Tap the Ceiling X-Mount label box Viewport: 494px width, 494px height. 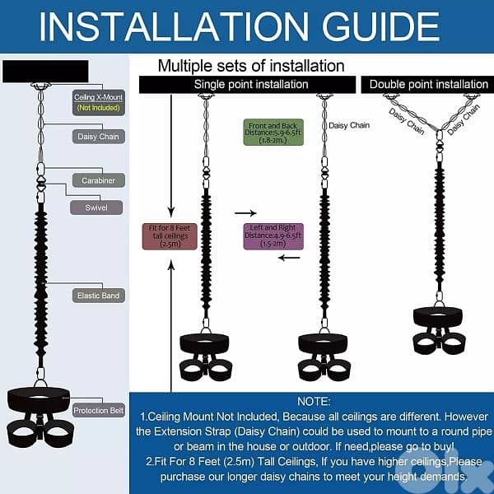click(97, 101)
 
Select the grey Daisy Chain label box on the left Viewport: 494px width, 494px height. click(97, 137)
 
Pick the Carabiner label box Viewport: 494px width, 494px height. click(97, 179)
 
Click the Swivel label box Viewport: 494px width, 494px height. click(96, 207)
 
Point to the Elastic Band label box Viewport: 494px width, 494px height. click(97, 294)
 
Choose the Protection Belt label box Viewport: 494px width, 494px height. click(98, 410)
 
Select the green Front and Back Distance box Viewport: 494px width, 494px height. click(274, 133)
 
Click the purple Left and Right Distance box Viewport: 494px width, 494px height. click(273, 236)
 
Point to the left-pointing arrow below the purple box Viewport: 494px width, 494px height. click(288, 257)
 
